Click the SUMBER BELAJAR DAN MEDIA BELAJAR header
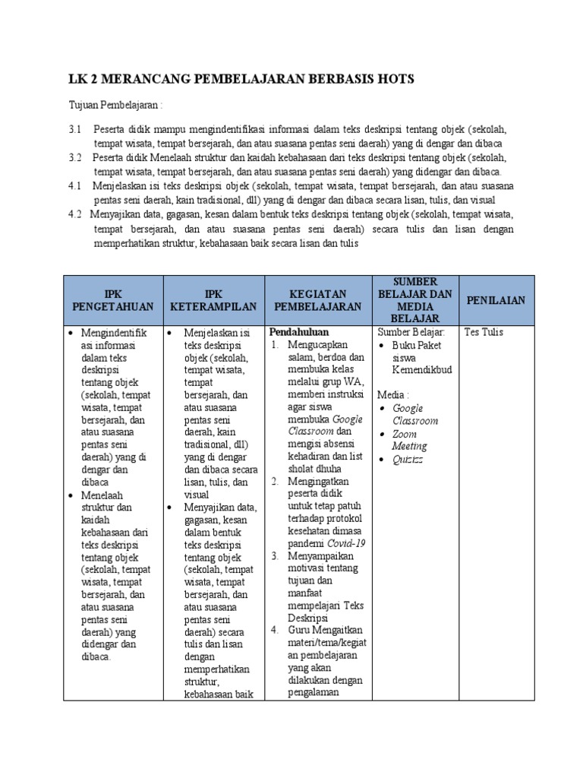click(415, 300)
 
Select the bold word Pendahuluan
click(299, 332)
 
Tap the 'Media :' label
click(394, 395)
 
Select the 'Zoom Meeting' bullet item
click(410, 440)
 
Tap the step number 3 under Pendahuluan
click(275, 557)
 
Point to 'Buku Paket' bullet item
click(417, 345)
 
